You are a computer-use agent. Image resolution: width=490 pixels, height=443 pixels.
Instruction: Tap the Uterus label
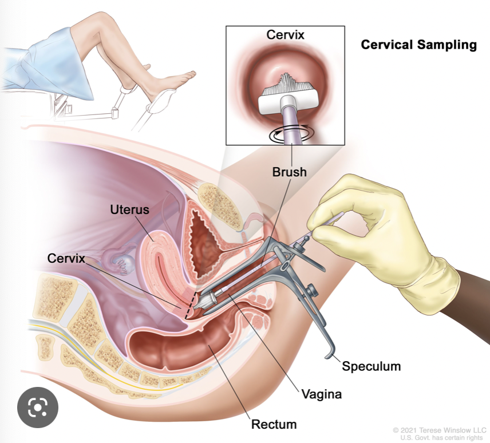(129, 209)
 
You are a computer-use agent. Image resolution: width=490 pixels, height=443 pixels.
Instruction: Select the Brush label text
(290, 171)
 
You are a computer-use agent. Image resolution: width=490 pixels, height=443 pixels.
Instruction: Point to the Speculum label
(371, 365)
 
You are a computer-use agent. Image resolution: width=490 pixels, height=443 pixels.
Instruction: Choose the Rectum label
(274, 424)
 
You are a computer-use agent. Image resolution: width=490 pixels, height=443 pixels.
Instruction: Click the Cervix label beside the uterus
(66, 259)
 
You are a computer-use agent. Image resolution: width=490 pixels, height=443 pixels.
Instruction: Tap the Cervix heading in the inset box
(284, 35)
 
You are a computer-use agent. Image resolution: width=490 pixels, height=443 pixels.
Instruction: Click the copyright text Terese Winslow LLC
(441, 429)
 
